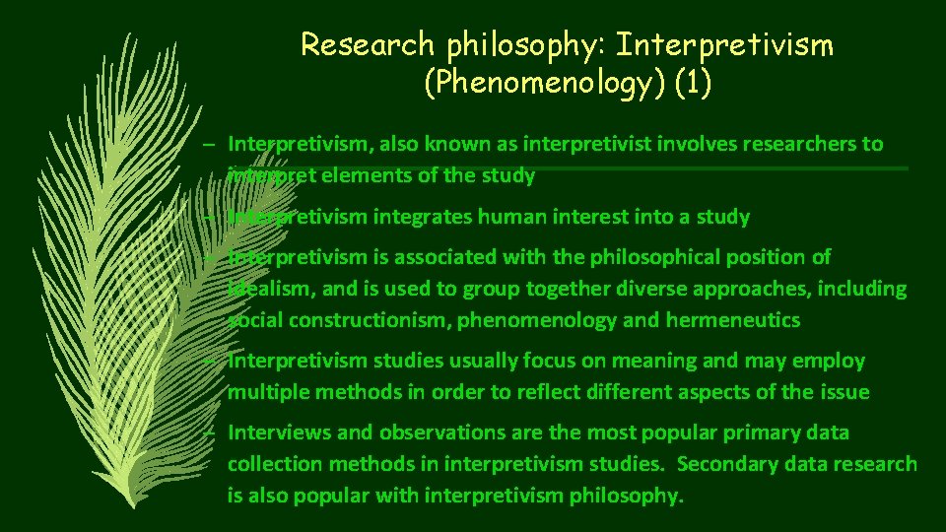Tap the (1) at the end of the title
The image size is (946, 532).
tap(692, 84)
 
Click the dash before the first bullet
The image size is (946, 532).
tap(210, 145)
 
